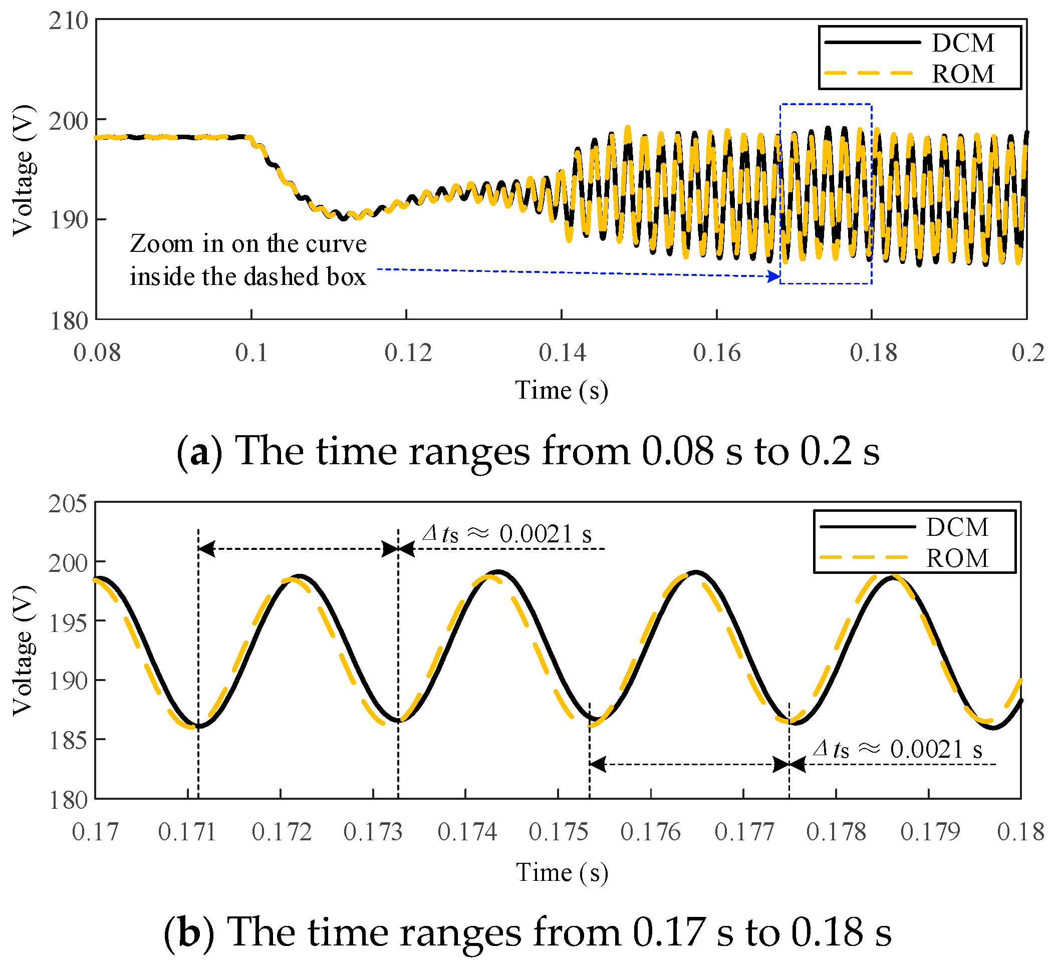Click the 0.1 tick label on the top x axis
(251, 353)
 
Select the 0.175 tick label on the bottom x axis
(559, 832)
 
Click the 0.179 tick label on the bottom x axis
(930, 832)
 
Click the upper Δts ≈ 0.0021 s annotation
(506, 534)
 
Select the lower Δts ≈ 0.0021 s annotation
(897, 749)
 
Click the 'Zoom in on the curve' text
(248, 244)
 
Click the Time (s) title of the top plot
(562, 391)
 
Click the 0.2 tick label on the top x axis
(1027, 353)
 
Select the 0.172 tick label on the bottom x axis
(281, 832)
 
